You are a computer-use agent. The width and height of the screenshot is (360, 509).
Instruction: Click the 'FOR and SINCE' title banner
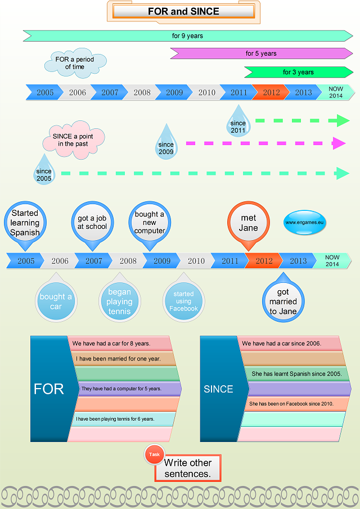(183, 12)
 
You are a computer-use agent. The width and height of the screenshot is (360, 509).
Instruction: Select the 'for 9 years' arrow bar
(188, 35)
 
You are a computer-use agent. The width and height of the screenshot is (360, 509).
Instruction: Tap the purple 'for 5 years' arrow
(262, 53)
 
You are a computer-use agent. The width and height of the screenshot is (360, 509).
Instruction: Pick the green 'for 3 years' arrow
(298, 72)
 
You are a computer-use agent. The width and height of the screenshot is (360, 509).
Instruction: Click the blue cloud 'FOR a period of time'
(75, 64)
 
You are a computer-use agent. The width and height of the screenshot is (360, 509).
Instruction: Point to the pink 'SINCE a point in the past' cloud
(73, 140)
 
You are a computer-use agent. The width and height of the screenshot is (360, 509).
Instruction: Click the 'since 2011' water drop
(238, 121)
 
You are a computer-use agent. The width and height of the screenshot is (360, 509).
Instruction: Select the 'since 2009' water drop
(166, 142)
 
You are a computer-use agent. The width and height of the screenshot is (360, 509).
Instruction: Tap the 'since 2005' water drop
(44, 170)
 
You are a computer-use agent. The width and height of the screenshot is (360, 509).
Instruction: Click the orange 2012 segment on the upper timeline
(271, 92)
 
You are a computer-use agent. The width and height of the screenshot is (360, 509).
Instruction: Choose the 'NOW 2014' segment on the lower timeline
(332, 260)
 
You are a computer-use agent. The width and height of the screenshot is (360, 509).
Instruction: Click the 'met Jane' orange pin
(248, 223)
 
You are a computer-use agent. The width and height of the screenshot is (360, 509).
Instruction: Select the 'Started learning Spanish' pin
(25, 223)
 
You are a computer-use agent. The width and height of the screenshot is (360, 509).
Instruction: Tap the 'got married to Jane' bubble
(283, 299)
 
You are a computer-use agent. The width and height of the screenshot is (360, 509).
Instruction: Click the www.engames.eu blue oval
(304, 222)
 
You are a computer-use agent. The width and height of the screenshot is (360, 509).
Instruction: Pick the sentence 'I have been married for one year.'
(118, 359)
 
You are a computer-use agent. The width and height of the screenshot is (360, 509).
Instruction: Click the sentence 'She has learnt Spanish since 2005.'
(296, 373)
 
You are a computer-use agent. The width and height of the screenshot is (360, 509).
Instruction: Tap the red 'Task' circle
(154, 454)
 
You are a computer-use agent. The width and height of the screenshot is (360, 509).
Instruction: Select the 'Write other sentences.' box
(188, 468)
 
